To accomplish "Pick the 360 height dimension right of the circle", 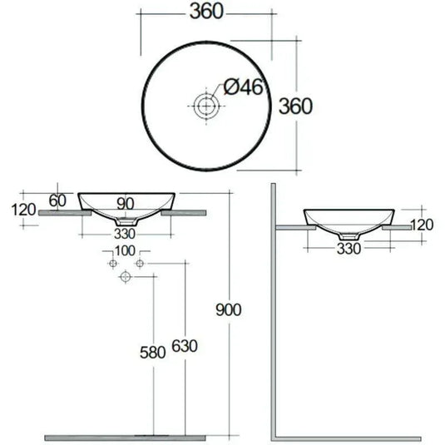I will pyautogui.click(x=295, y=106).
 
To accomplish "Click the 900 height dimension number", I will pyautogui.click(x=229, y=309).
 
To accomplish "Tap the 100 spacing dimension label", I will pyautogui.click(x=125, y=250).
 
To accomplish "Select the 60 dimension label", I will pyautogui.click(x=57, y=199).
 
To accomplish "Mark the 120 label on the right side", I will pyautogui.click(x=423, y=225).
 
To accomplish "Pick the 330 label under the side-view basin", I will pyautogui.click(x=349, y=247).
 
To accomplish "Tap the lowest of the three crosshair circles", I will pyautogui.click(x=126, y=275).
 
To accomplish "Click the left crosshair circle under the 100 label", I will pyautogui.click(x=111, y=264).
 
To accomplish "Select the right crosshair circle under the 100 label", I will pyautogui.click(x=140, y=264).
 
